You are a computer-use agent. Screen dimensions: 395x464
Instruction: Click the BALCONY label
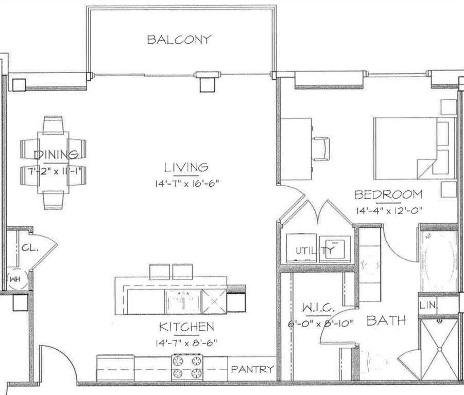point(179,40)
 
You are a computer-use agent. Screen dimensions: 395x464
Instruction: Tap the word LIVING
point(186,167)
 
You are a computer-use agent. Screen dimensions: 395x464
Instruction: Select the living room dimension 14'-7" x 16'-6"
point(186,183)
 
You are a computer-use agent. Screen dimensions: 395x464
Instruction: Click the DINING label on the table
point(56,154)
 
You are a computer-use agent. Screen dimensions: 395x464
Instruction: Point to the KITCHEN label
point(186,327)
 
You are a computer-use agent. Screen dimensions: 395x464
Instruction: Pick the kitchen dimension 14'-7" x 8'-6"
point(186,341)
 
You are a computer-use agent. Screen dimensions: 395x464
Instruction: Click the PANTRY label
point(252,369)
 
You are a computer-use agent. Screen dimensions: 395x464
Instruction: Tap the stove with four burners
point(187,367)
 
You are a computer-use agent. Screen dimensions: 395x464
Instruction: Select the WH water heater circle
point(14,280)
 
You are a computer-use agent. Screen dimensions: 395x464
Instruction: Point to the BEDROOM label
point(388,195)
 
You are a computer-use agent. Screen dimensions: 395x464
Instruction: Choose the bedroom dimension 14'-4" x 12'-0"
point(388,210)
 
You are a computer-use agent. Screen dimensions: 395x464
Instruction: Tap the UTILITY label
point(315,251)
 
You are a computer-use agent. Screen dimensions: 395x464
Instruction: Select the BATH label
point(385,321)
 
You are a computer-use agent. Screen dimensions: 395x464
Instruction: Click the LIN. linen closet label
point(428,305)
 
